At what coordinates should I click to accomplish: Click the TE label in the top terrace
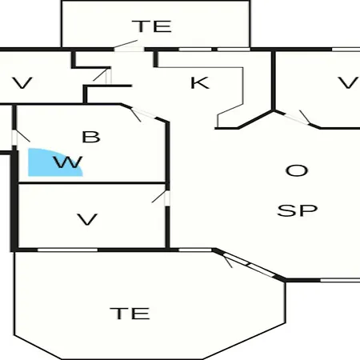[x=152, y=26]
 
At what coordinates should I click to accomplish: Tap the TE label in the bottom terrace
[x=130, y=314]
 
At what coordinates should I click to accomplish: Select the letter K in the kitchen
[x=200, y=82]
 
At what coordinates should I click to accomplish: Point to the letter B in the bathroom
[x=91, y=137]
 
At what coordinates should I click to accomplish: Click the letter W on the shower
[x=68, y=162]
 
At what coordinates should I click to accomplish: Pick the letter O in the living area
[x=297, y=170]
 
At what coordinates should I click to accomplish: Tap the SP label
[x=298, y=210]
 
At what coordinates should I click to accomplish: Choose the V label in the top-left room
[x=22, y=83]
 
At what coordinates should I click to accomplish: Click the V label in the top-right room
[x=348, y=82]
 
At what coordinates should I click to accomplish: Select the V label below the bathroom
[x=87, y=220]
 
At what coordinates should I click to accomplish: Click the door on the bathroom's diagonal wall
[x=142, y=114]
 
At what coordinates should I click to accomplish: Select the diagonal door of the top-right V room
[x=298, y=118]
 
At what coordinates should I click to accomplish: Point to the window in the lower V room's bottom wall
[x=67, y=250]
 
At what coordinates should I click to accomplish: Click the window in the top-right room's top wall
[x=346, y=50]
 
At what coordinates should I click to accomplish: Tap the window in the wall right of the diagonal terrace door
[x=340, y=280]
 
